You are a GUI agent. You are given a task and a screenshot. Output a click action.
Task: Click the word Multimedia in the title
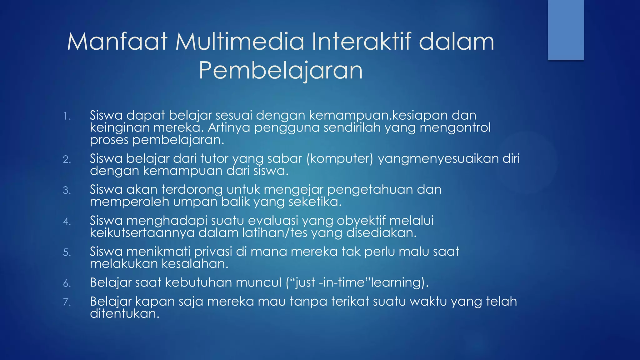pos(239,42)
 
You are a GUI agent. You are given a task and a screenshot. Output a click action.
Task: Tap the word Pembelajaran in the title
pos(281,71)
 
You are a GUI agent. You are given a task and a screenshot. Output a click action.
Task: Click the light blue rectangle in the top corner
pos(566,30)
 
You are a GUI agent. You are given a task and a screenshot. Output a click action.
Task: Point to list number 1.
pos(67,117)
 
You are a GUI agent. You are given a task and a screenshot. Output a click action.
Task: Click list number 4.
pos(67,222)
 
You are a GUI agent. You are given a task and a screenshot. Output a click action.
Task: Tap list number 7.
pos(67,302)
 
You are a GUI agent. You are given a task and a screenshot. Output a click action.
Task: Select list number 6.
pos(67,283)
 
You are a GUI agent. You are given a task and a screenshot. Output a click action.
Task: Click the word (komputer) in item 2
pos(340,159)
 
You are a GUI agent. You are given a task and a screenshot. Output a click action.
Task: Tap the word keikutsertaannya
pos(142,233)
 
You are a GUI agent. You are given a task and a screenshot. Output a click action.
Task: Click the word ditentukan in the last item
pos(125,314)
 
